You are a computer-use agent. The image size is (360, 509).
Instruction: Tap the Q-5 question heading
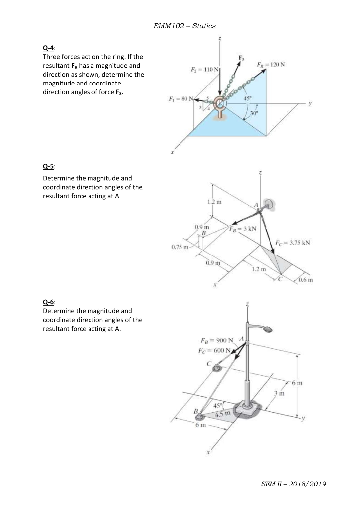[49, 168]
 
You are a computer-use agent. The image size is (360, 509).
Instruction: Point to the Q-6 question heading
[49, 302]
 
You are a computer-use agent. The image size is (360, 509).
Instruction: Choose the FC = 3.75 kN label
[293, 243]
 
